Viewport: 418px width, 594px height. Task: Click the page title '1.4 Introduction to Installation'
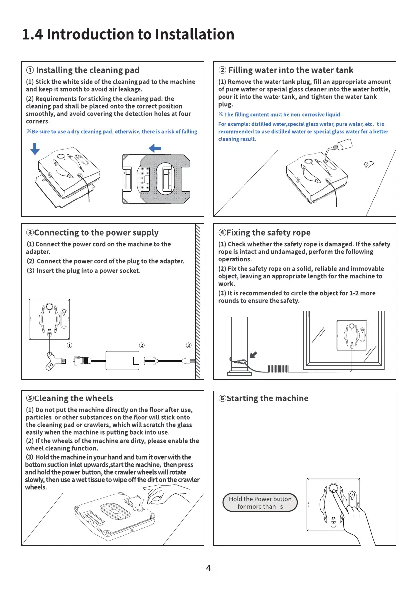(x=128, y=34)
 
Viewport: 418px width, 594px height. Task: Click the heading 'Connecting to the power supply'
(x=93, y=233)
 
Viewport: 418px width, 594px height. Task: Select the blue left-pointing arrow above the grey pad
(x=155, y=148)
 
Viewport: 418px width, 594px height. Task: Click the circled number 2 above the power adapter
(x=142, y=345)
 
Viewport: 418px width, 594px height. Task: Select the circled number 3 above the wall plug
(x=188, y=345)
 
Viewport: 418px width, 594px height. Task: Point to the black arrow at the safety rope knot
(x=254, y=355)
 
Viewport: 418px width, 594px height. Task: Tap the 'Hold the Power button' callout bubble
(x=260, y=503)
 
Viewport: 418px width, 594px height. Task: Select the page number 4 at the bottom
(x=209, y=567)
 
